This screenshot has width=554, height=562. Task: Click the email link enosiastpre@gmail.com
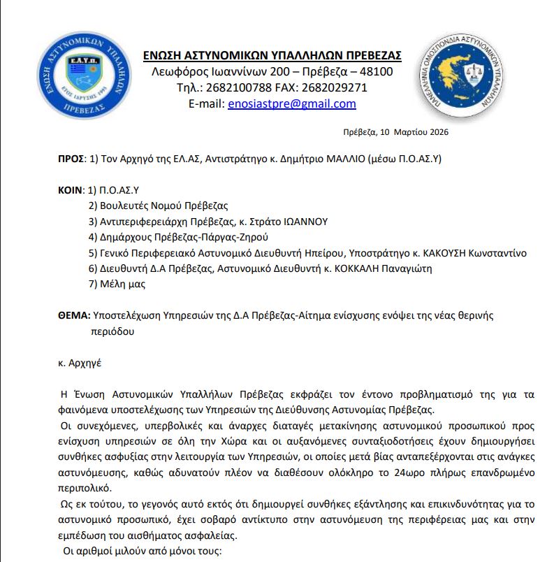[292, 104]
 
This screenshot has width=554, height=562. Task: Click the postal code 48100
[377, 72]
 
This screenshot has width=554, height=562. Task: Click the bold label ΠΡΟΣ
[70, 159]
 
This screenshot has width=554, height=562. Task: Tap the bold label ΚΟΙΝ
[69, 190]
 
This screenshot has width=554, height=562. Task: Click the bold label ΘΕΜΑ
[73, 315]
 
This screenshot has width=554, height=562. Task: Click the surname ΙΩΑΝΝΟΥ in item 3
[305, 222]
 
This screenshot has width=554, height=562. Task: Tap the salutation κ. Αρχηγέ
[80, 363]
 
